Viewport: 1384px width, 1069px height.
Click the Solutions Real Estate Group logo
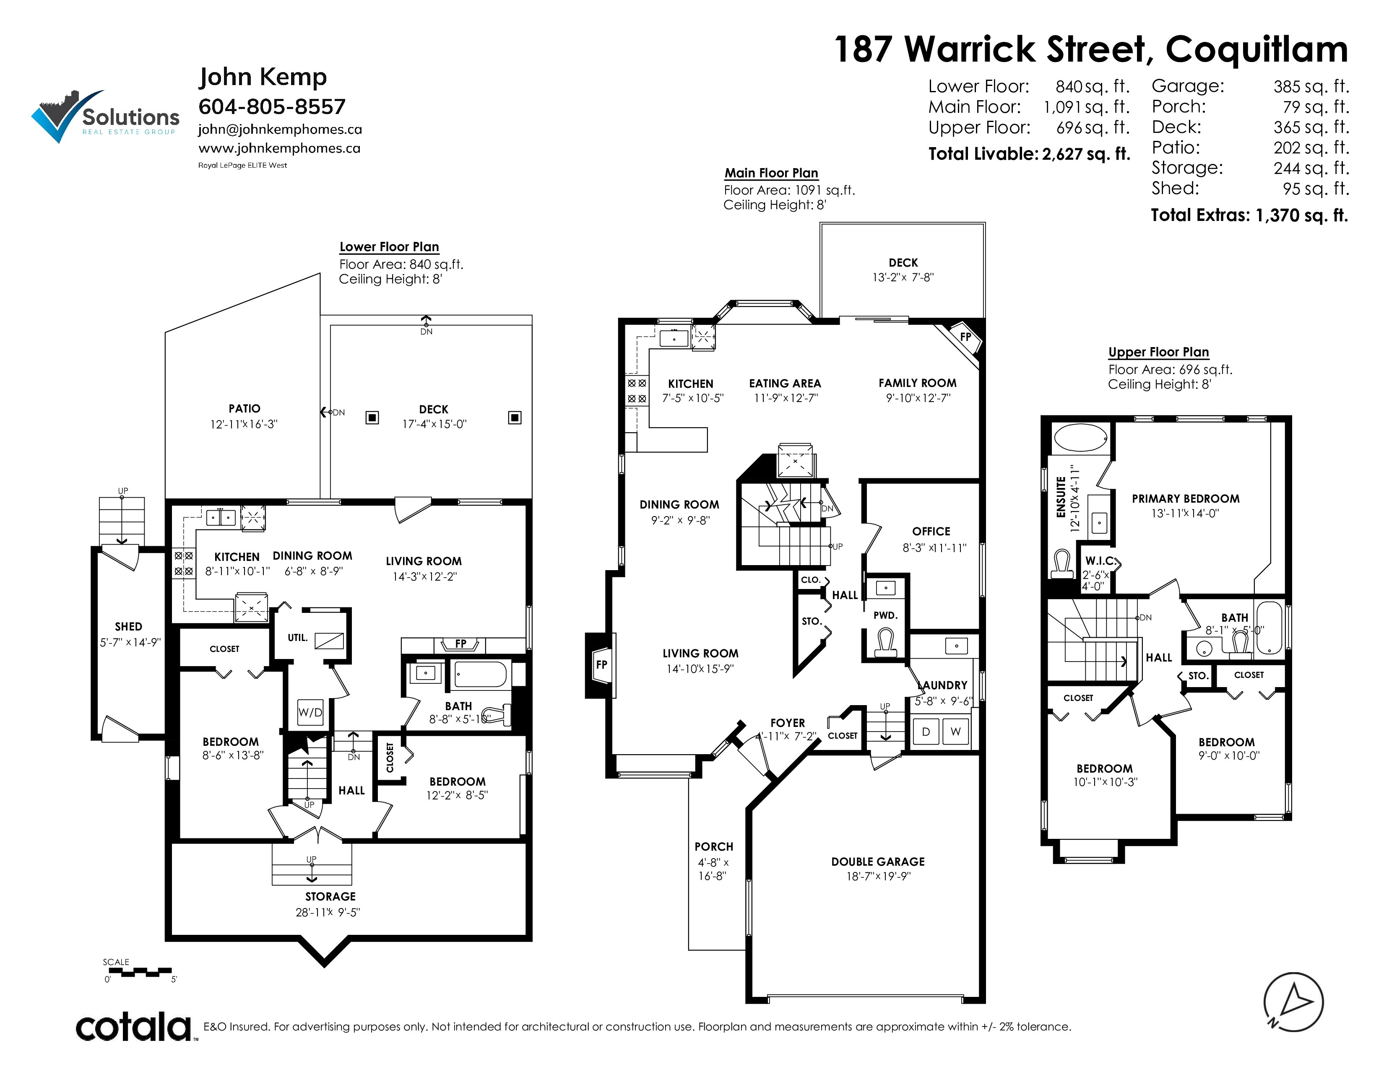click(x=105, y=117)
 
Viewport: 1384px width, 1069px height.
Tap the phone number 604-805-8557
click(x=272, y=106)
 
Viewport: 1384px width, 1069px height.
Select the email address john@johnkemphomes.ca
click(x=280, y=129)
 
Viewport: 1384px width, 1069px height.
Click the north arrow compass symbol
click(x=1293, y=1002)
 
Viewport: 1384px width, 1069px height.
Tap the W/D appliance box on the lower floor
click(x=310, y=712)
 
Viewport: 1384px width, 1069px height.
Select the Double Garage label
click(x=878, y=861)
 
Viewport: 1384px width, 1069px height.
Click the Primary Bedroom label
click(x=1186, y=499)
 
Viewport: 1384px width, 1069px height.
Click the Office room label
click(x=931, y=531)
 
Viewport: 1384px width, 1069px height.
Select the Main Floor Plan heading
click(x=771, y=173)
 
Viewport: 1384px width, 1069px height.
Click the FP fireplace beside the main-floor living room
click(x=601, y=664)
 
